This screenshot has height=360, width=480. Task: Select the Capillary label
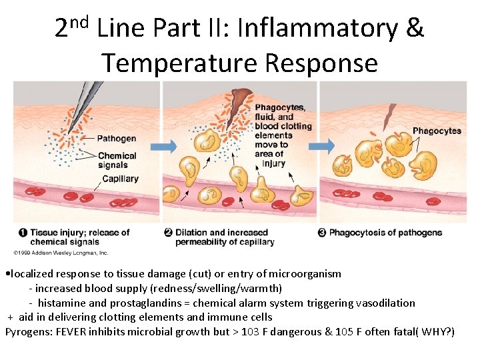(x=120, y=179)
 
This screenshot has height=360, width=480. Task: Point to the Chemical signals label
(x=117, y=161)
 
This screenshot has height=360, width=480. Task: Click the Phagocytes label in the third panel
(x=437, y=131)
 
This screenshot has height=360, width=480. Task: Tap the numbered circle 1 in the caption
(x=23, y=233)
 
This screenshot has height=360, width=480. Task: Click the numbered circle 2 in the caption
(x=169, y=233)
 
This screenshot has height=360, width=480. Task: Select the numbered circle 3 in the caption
(x=322, y=233)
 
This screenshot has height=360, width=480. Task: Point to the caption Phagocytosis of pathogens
(x=385, y=233)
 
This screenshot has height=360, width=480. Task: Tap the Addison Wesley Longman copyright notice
(x=61, y=253)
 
